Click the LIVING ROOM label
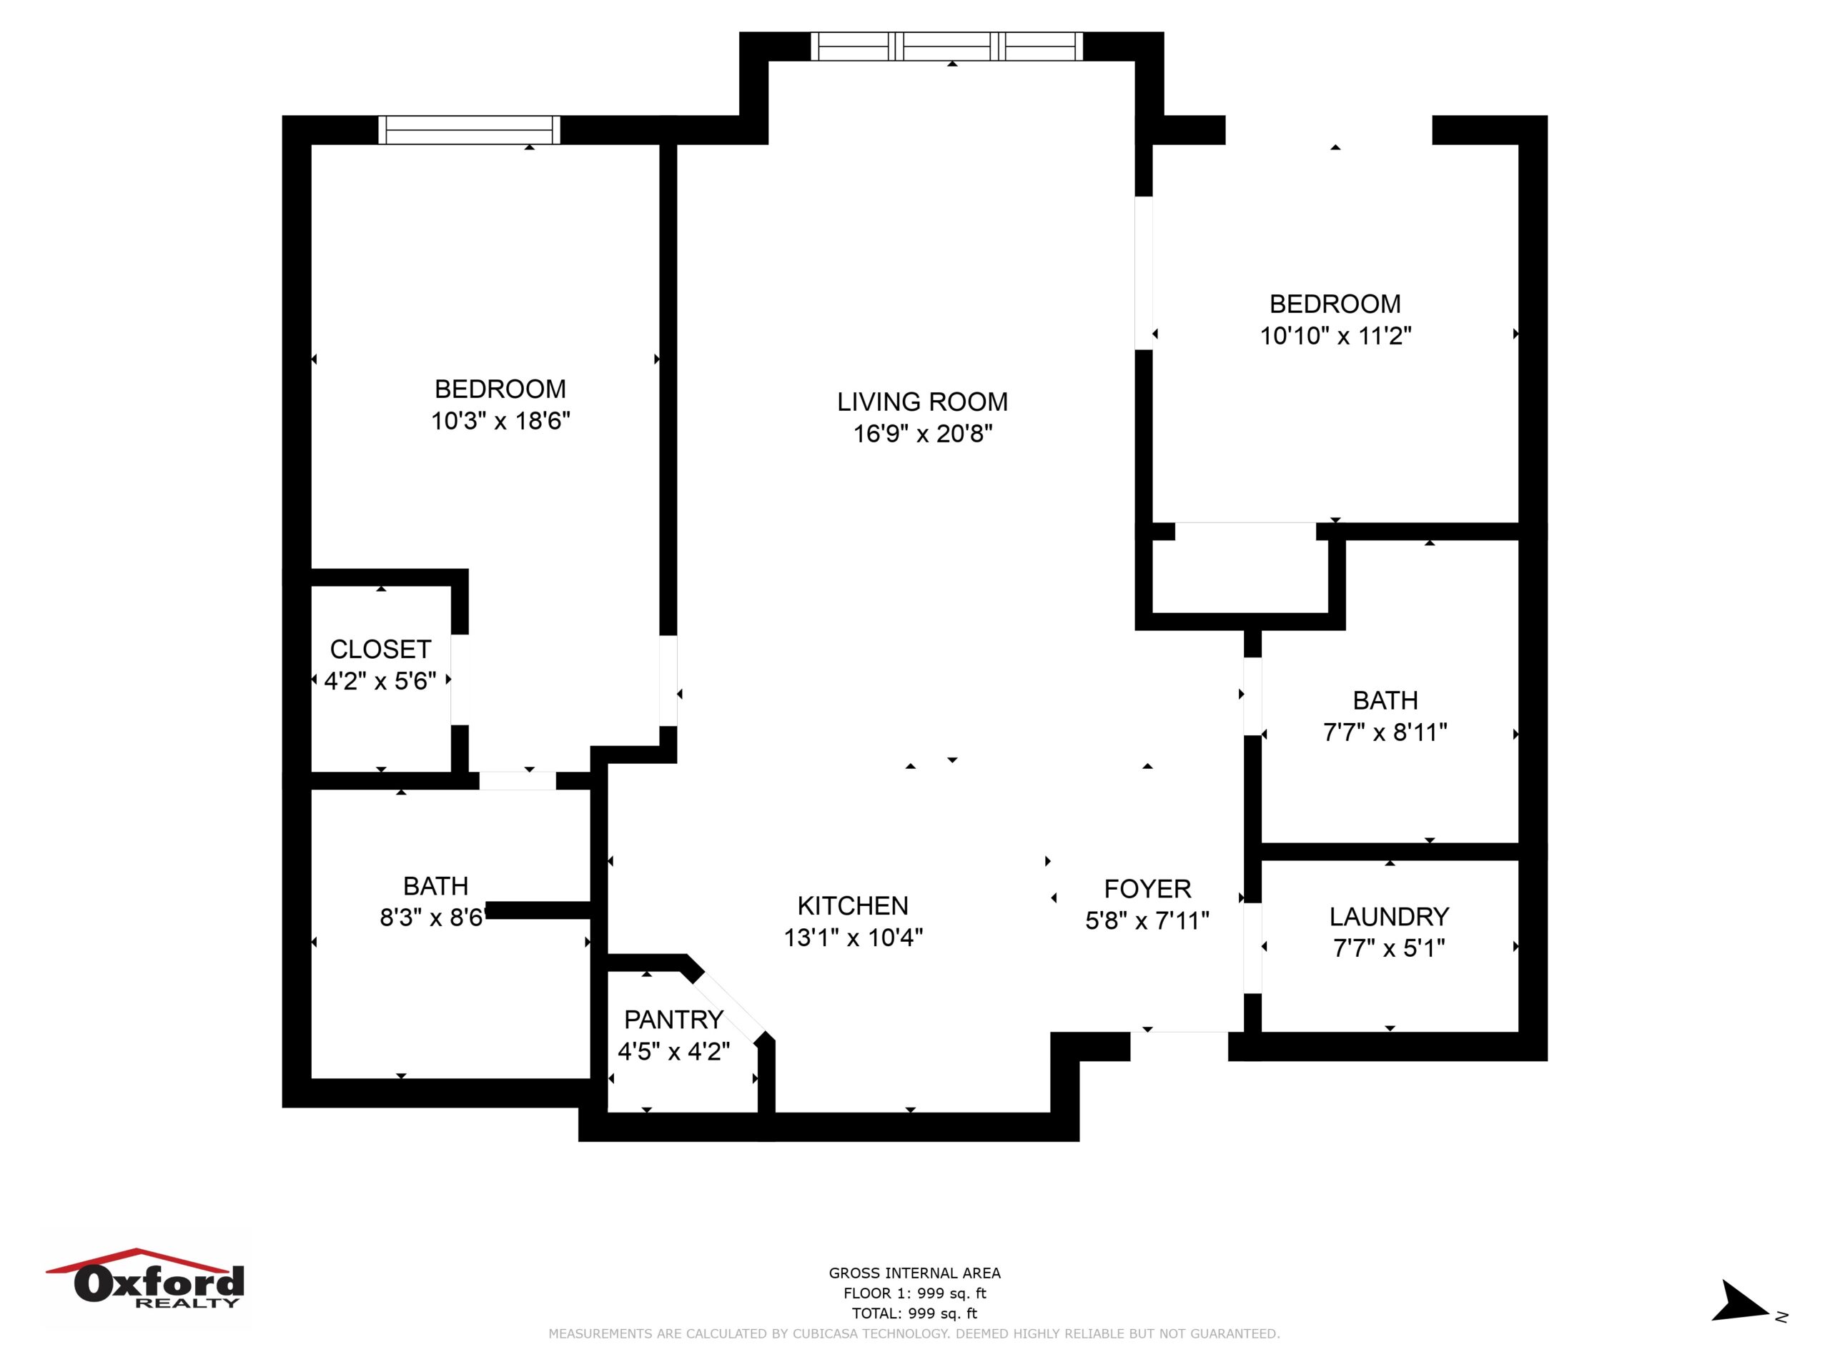(x=922, y=402)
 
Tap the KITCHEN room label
(x=853, y=905)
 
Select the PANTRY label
(x=673, y=1020)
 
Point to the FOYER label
(x=1147, y=889)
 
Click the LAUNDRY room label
(x=1389, y=916)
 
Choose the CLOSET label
(x=380, y=649)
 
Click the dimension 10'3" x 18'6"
(x=500, y=421)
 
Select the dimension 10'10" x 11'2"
(x=1335, y=336)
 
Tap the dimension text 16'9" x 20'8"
(x=922, y=433)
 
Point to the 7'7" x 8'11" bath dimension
(x=1385, y=732)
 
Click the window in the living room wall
(x=946, y=46)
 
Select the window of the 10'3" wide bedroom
(x=469, y=130)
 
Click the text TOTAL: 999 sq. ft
(x=914, y=1313)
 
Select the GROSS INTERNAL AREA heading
(x=914, y=1273)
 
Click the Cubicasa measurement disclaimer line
(x=914, y=1334)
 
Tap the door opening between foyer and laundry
(x=1252, y=948)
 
